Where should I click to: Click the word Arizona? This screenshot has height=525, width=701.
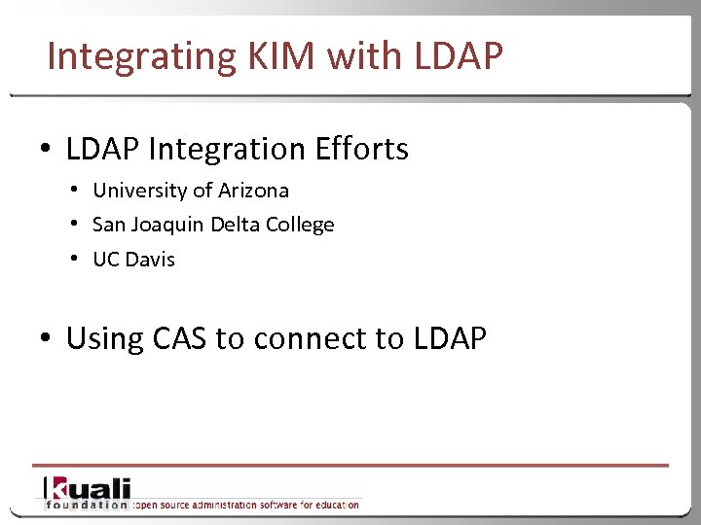pyautogui.click(x=251, y=191)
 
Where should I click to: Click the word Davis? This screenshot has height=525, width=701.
pyautogui.click(x=149, y=260)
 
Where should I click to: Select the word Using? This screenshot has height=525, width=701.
pyautogui.click(x=106, y=339)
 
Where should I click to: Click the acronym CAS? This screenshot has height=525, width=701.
pyautogui.click(x=181, y=339)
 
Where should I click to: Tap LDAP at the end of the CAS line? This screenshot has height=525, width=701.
pyautogui.click(x=450, y=339)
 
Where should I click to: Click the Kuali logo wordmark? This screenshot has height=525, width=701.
pyautogui.click(x=87, y=488)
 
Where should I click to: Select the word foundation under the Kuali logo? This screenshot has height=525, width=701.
pyautogui.click(x=87, y=505)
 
